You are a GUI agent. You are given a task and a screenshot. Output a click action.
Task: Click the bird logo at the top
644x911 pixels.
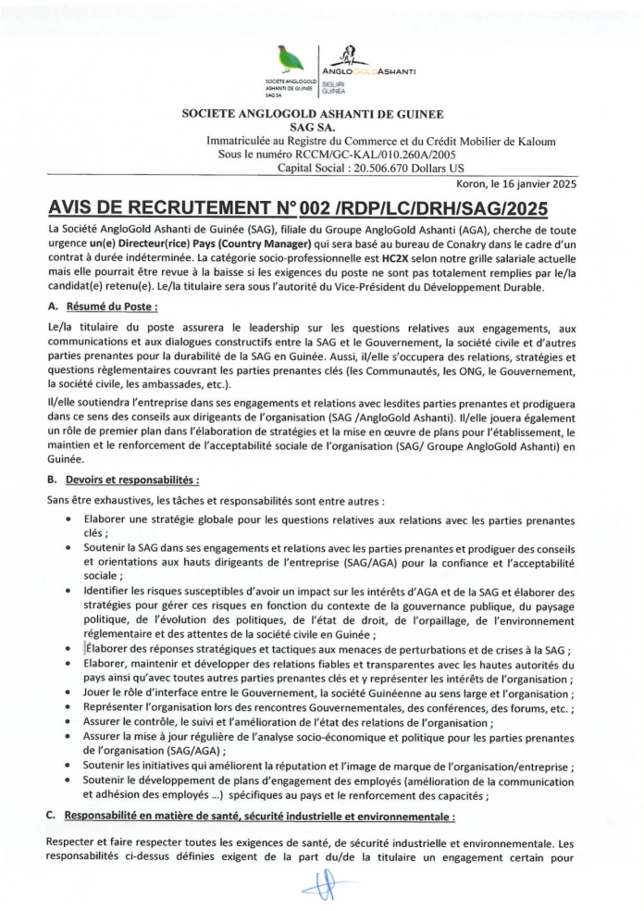tap(289, 61)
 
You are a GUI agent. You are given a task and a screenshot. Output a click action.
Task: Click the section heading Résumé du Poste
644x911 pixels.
tap(111, 306)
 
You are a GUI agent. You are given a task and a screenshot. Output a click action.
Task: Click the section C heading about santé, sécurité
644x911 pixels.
tap(259, 817)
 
